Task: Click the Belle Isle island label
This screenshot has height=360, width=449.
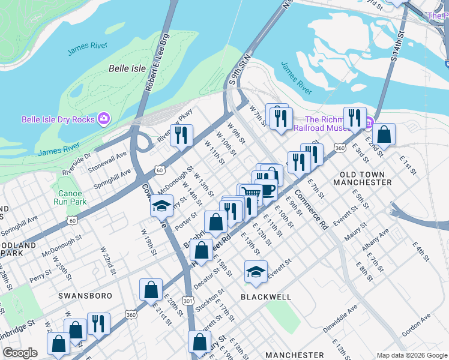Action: coord(127,68)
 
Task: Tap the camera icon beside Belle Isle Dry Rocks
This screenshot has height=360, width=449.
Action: coord(104,119)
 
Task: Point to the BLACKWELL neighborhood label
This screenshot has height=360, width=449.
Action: coord(266,297)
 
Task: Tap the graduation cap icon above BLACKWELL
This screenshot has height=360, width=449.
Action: coord(256,272)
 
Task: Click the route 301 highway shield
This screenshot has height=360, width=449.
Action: coord(188,301)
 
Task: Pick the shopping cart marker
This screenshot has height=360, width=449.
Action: coord(251,193)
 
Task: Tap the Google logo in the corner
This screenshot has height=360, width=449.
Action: coord(20,353)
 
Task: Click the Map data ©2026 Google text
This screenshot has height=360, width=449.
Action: coord(411,355)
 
